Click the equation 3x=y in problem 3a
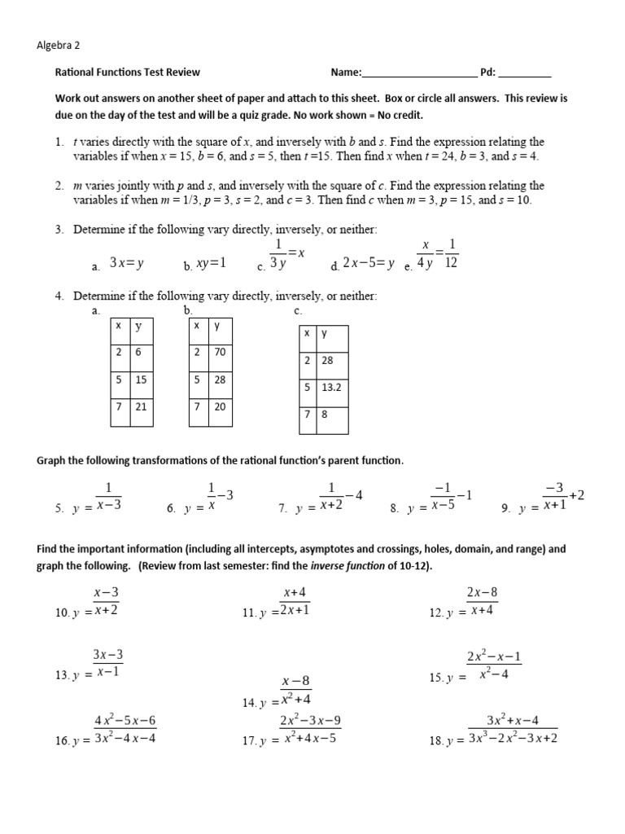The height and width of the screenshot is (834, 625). coord(127,263)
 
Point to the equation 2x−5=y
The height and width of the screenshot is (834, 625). coord(368,263)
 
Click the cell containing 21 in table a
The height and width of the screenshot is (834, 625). coord(142,406)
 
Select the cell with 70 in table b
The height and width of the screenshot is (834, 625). coord(220,352)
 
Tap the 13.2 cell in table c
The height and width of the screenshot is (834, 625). coord(331,388)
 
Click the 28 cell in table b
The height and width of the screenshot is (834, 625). coord(220,380)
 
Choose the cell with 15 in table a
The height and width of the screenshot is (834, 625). coord(142,380)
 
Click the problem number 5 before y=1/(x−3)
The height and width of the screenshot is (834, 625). coord(59,508)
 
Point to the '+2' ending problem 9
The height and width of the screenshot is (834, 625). coord(576,495)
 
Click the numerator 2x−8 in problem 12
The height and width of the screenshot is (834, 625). coord(482,592)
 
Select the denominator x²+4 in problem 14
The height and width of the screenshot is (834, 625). coord(296,699)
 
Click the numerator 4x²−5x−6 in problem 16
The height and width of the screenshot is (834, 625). coord(125,721)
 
